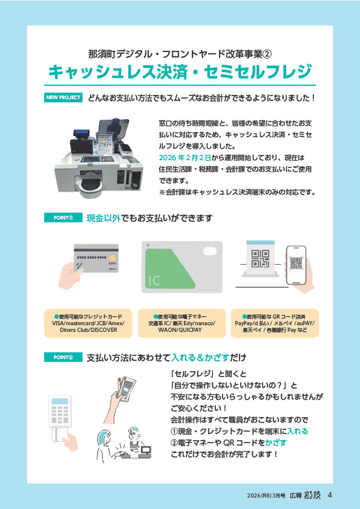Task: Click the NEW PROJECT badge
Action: pos(63,97)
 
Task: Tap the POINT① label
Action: pos(63,218)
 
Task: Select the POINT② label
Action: pos(63,357)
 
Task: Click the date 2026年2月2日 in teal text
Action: pos(185,158)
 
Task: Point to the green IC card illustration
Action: pos(182,267)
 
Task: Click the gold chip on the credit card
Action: pos(112,258)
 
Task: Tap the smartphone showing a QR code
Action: pos(296,265)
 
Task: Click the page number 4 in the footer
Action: pos(330,495)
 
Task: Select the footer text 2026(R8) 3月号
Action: pos(266,496)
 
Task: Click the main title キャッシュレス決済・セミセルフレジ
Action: pos(180,72)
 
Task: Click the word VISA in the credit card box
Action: pos(58,323)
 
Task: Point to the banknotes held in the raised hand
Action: pos(126,387)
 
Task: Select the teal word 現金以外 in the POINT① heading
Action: pos(103,218)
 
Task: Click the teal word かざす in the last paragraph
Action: pos(276,443)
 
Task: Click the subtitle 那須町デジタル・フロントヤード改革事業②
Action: pos(180,54)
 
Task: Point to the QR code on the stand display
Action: pos(260,259)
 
